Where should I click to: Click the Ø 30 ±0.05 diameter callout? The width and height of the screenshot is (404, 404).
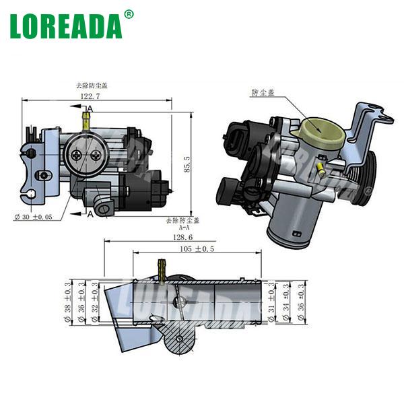tap(33, 217)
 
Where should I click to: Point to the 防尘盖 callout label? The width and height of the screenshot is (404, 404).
tap(263, 92)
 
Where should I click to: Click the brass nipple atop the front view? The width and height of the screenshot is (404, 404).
tap(86, 121)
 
